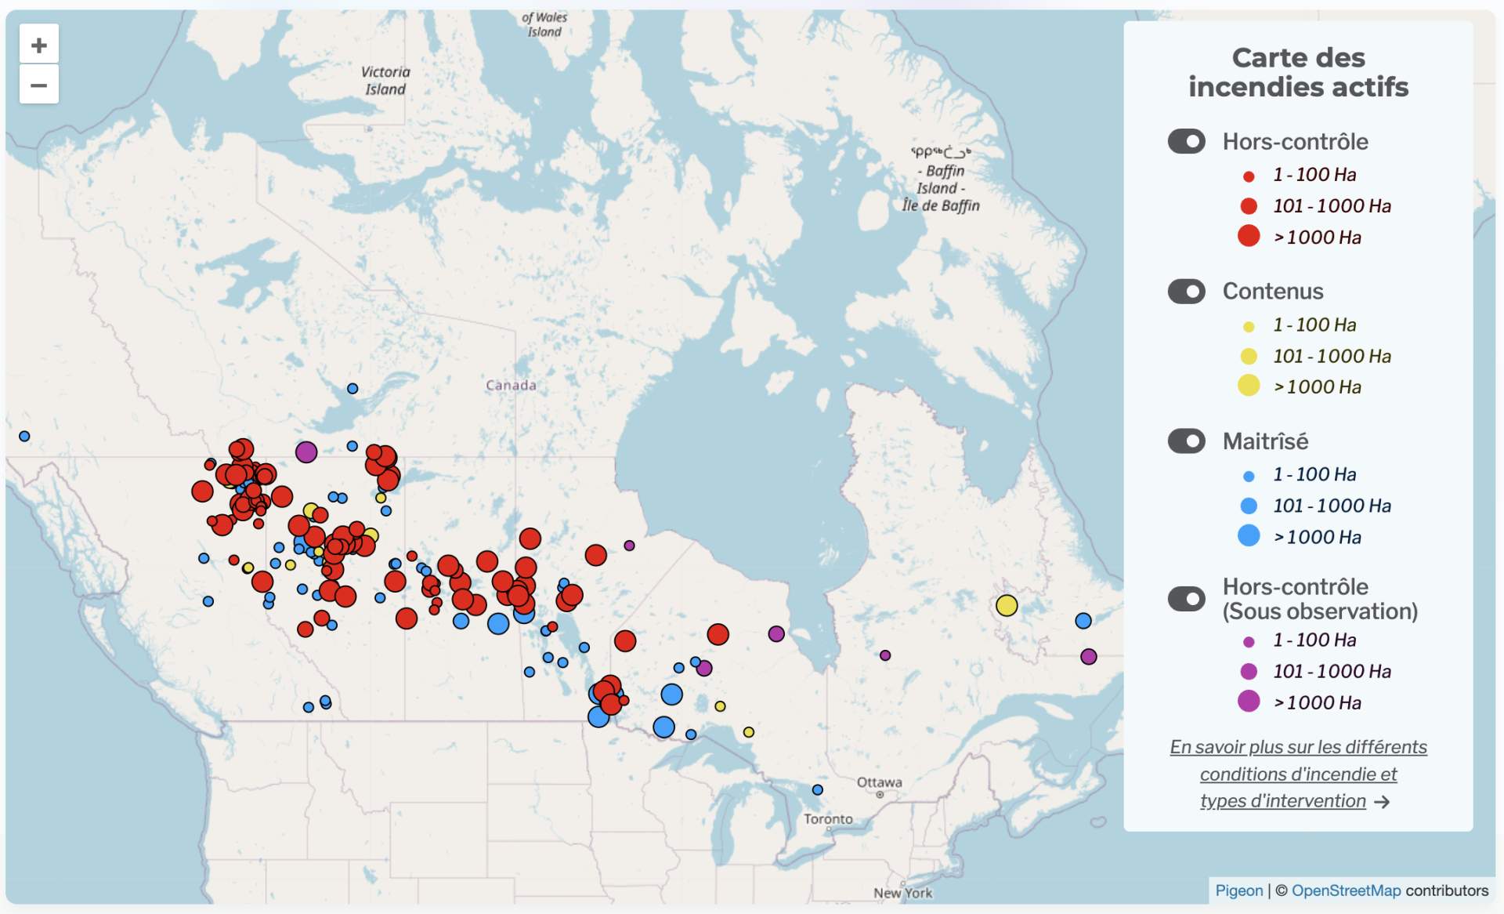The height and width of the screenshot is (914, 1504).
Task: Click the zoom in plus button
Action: point(38,45)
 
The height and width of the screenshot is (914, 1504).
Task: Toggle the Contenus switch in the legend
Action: point(1186,292)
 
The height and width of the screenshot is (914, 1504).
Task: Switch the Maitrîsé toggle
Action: point(1186,441)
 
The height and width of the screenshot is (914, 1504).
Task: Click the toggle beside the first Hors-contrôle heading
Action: point(1186,142)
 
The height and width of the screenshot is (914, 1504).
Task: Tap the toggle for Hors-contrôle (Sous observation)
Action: point(1186,599)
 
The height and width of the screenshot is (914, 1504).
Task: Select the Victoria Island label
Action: point(385,80)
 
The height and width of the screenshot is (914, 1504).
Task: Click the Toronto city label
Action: point(828,819)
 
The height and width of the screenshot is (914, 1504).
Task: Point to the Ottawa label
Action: point(879,782)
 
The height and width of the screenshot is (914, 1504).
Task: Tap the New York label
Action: point(902,893)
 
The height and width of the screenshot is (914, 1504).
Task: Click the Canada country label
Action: point(511,385)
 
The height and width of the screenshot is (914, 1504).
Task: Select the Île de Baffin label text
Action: point(941,205)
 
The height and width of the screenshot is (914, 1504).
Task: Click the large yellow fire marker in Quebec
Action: point(1007,605)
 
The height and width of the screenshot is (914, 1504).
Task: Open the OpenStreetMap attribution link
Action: point(1346,890)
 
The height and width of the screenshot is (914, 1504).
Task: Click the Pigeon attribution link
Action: point(1238,890)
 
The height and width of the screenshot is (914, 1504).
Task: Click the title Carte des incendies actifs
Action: point(1298,72)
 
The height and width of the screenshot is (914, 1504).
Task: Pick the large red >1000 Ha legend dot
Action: point(1249,236)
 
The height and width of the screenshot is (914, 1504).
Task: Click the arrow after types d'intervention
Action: point(1382,802)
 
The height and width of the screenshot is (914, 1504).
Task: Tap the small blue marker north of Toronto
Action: point(817,789)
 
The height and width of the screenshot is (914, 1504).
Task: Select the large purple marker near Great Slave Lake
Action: point(306,452)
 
